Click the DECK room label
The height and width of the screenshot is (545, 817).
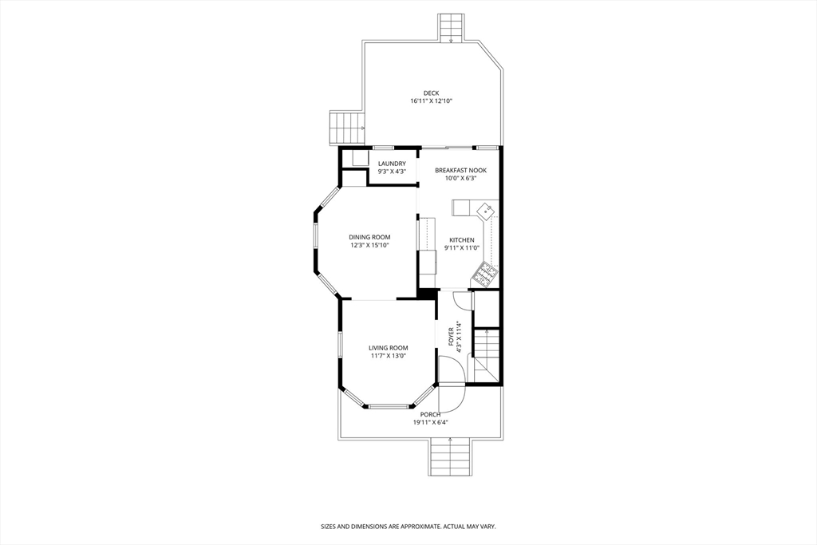(431, 93)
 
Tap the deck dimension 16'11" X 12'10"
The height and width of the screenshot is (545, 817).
(431, 101)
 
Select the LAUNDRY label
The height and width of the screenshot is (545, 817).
(392, 164)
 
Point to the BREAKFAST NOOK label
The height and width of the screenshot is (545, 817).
(460, 171)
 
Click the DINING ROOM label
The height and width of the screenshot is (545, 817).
(369, 237)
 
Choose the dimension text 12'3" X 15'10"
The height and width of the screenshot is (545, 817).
(369, 245)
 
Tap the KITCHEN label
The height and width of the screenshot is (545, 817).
(462, 240)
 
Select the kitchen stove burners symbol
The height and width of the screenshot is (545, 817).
(484, 274)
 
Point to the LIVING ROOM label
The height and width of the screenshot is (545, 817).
(389, 348)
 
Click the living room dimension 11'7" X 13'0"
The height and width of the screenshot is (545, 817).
(389, 356)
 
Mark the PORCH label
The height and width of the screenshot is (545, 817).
(430, 415)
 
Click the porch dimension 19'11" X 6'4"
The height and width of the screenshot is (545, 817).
(430, 423)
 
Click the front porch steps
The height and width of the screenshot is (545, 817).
(451, 457)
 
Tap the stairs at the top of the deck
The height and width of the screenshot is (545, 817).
(451, 28)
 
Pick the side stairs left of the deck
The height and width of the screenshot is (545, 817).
(346, 128)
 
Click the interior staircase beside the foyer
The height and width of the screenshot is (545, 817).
(487, 355)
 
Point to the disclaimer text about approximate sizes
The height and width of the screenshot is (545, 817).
(408, 527)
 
